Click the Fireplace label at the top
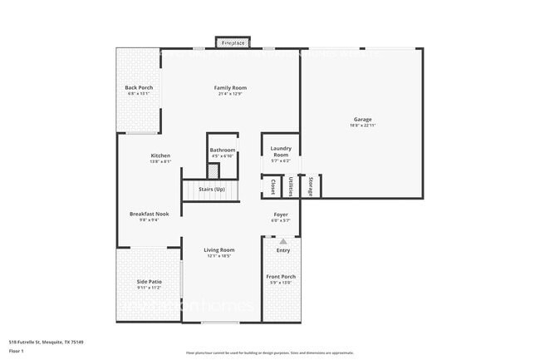pyautogui.click(x=233, y=42)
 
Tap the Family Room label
pyautogui.click(x=230, y=88)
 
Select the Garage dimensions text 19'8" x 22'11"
pyautogui.click(x=362, y=126)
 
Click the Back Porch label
pyautogui.click(x=139, y=88)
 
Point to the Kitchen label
pyautogui.click(x=160, y=156)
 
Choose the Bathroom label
pyautogui.click(x=223, y=150)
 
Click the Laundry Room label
pyautogui.click(x=281, y=152)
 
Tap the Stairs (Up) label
pyautogui.click(x=212, y=190)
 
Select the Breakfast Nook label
pyautogui.click(x=149, y=214)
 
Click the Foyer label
pyautogui.click(x=281, y=215)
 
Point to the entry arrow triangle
pyautogui.click(x=282, y=241)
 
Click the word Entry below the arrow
pyautogui.click(x=283, y=250)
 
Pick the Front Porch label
pyautogui.click(x=281, y=277)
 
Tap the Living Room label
pyautogui.click(x=219, y=249)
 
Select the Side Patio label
pyautogui.click(x=149, y=282)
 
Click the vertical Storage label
pyautogui.click(x=312, y=186)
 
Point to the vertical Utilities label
pyautogui.click(x=291, y=187)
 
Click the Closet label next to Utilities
pyautogui.click(x=271, y=187)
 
